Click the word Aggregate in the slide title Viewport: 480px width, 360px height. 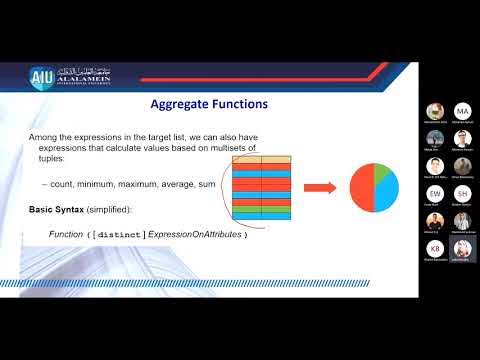(x=180, y=103)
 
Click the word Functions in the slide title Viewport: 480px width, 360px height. (x=240, y=103)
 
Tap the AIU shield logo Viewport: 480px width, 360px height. (x=41, y=77)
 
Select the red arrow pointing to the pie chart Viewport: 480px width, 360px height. (x=318, y=187)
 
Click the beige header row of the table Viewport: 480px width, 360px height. (x=261, y=159)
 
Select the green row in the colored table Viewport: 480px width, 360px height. (x=261, y=207)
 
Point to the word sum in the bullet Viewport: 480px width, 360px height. (x=207, y=185)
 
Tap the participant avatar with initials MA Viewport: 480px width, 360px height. (x=462, y=111)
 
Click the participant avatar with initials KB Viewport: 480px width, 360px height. (x=434, y=247)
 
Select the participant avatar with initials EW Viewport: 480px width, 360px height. (x=434, y=192)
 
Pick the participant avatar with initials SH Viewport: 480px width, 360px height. (x=462, y=192)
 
